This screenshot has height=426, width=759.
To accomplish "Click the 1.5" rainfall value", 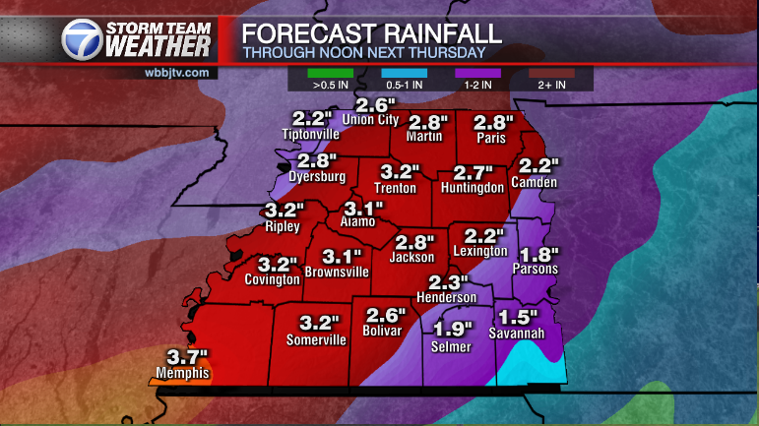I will [x=518, y=317].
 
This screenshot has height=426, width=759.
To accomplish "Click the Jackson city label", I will [x=411, y=257].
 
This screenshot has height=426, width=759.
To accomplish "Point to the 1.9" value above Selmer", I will [x=454, y=330].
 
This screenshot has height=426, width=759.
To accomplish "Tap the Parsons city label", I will [x=536, y=269].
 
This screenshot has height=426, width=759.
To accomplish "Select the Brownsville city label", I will [x=337, y=271].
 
